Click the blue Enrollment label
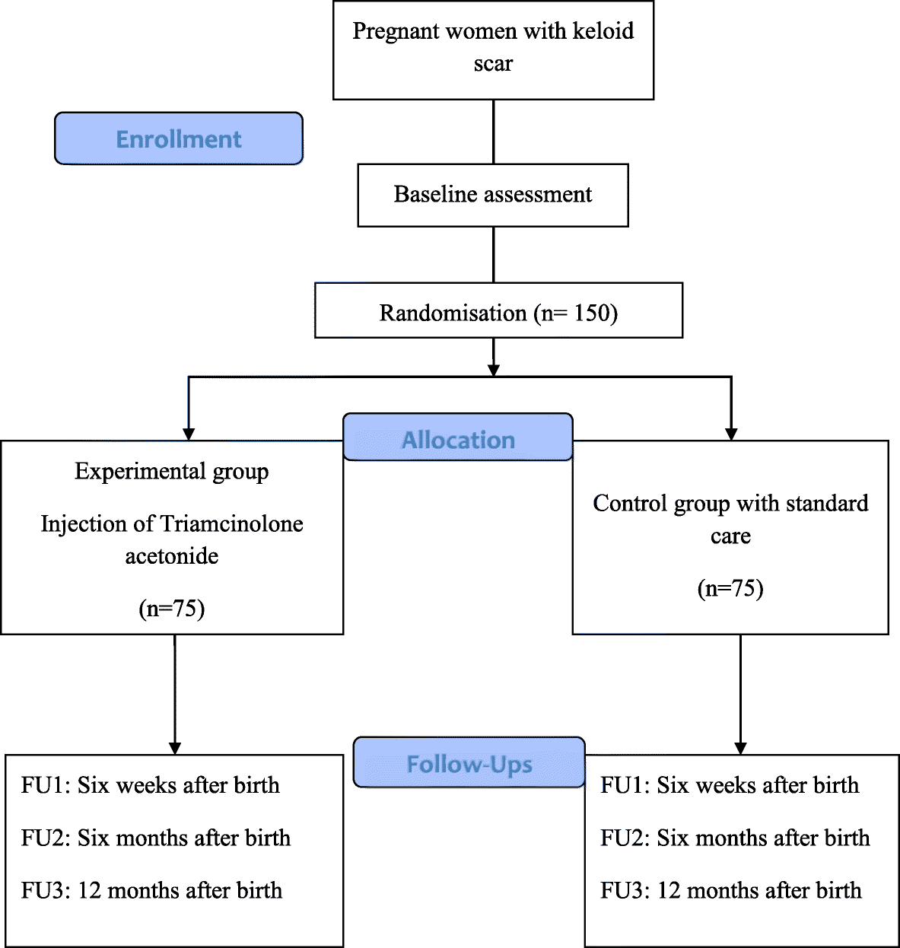tap(179, 139)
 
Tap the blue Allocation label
tap(458, 439)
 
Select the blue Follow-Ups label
tap(469, 763)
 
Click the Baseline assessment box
tap(493, 195)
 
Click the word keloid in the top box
tap(603, 31)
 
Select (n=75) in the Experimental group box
tap(172, 609)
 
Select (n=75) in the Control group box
tap(730, 588)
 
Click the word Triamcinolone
tap(232, 523)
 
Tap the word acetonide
tap(172, 556)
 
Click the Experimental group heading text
tap(172, 472)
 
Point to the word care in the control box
tap(730, 536)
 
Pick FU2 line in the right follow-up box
tap(735, 838)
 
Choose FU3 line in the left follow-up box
tap(151, 890)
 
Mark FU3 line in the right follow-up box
tap(730, 890)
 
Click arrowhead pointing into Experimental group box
tap(189, 434)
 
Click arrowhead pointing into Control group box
tap(731, 434)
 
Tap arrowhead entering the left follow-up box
tap(175, 748)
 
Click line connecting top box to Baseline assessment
tap(494, 132)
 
